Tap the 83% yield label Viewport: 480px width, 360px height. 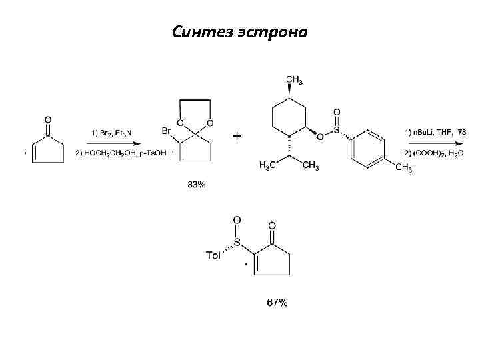tap(197, 185)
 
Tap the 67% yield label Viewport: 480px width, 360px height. tap(277, 303)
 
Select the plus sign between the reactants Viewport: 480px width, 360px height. tap(237, 136)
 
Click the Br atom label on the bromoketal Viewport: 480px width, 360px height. tap(167, 132)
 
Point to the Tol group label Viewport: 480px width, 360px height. tap(215, 254)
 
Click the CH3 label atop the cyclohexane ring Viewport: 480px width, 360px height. tap(295, 81)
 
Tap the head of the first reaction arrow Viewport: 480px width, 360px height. tap(137, 143)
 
